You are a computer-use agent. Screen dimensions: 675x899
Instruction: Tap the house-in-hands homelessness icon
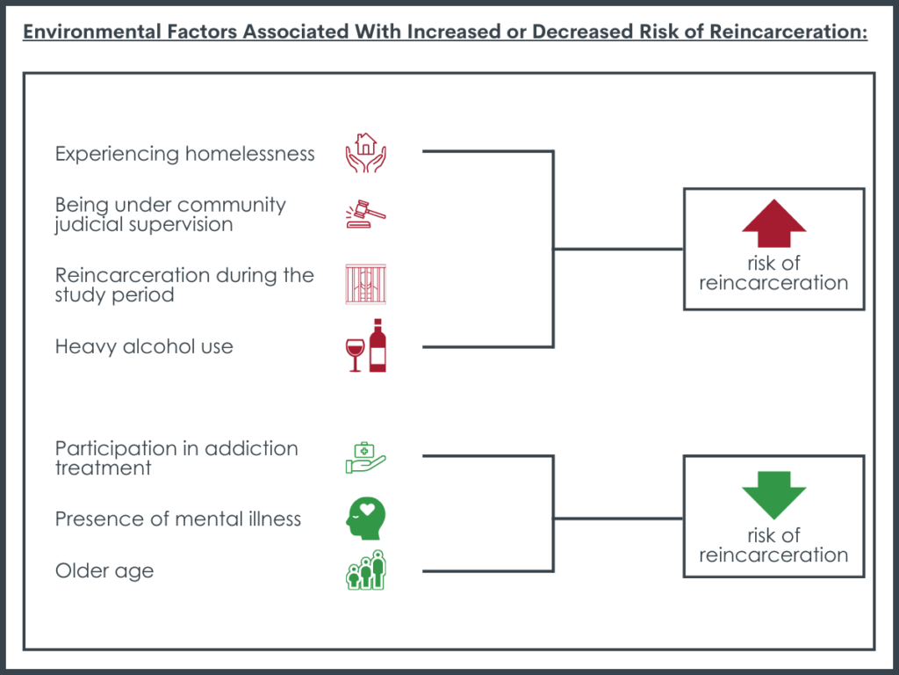[x=365, y=152]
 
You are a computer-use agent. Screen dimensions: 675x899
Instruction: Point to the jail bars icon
[x=365, y=284]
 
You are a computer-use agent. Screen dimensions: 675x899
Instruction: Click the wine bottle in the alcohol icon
[x=378, y=345]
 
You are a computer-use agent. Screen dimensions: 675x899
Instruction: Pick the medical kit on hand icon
[x=365, y=458]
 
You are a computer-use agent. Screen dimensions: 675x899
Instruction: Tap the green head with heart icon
[x=364, y=519]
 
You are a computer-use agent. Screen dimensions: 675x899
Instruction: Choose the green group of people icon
[x=365, y=570]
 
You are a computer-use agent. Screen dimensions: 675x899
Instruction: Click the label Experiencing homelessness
[x=184, y=154]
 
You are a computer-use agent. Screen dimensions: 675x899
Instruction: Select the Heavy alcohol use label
[x=144, y=346]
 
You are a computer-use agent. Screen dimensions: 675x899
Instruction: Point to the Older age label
[x=104, y=571]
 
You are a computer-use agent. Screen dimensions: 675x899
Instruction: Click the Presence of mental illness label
[x=177, y=519]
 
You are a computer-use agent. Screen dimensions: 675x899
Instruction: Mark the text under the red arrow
[x=773, y=273]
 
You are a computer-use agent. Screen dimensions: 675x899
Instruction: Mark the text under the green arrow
[x=773, y=545]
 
